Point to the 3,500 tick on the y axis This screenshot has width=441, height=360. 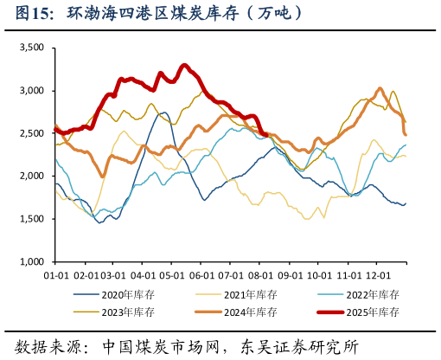[x=31, y=48]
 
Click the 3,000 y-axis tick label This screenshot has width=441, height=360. [x=31, y=91]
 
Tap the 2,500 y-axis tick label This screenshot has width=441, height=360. [x=31, y=133]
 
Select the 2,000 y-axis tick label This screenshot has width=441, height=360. [x=31, y=176]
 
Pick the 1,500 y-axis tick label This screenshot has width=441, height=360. [x=31, y=219]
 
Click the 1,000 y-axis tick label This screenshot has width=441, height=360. [x=31, y=261]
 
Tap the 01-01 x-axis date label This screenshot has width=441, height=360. [x=55, y=274]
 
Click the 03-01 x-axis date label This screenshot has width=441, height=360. [x=114, y=274]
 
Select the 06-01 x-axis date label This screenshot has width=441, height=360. [x=201, y=274]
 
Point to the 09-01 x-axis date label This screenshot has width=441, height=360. [x=291, y=274]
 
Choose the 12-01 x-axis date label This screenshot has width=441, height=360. [x=379, y=274]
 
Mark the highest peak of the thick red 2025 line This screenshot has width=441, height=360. [x=183, y=65]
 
